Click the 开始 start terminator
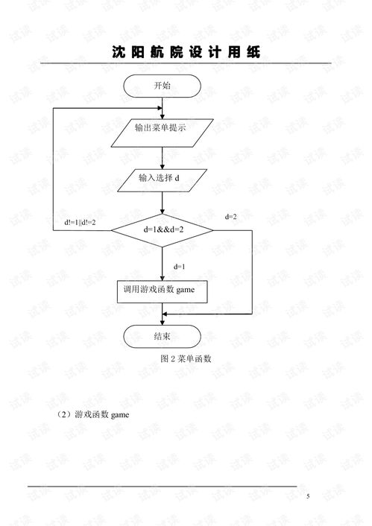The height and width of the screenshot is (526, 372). tap(163, 86)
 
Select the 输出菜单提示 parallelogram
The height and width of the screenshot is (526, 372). tap(163, 133)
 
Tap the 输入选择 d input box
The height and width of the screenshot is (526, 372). tap(163, 180)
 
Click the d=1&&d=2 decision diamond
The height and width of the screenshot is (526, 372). tap(163, 230)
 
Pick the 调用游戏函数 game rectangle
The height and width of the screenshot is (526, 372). tap(163, 292)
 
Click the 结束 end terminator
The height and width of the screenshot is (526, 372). tap(163, 336)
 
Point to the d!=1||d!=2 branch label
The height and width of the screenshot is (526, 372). tap(80, 222)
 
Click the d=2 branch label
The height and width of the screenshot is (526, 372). tap(230, 217)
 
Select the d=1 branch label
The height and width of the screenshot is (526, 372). tap(179, 267)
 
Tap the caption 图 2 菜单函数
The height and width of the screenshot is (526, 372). tap(186, 358)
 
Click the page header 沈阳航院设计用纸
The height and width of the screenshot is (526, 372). tap(186, 52)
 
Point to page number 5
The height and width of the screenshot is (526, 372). tap(308, 496)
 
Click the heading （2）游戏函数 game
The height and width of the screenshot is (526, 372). tap(93, 415)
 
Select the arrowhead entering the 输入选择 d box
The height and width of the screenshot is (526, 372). tap(163, 167)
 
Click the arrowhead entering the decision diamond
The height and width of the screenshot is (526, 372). tap(163, 212)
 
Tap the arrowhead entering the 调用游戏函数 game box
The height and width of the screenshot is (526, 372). tap(163, 278)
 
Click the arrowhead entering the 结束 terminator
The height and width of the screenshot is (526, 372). tap(163, 323)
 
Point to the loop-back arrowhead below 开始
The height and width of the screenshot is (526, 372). tap(160, 108)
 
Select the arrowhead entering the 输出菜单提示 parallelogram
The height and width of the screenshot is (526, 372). tap(163, 116)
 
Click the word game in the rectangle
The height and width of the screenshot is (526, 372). tap(186, 290)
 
